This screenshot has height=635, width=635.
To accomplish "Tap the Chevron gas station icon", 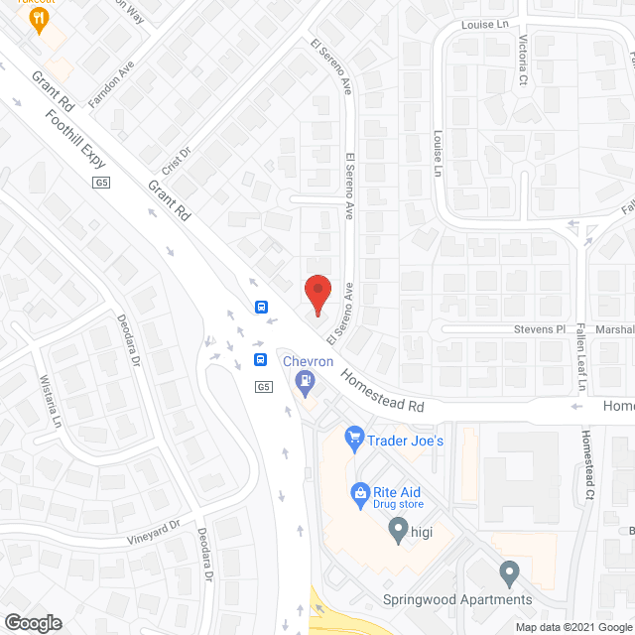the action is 307,379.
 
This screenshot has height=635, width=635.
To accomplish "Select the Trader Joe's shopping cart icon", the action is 353,437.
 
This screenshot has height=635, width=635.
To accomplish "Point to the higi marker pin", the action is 398,529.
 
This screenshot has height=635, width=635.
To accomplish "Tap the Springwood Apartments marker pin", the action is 509,572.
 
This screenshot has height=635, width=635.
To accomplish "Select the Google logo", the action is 32,622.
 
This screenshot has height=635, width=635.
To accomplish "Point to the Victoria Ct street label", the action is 523,59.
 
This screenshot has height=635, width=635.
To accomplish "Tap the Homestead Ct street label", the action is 588,464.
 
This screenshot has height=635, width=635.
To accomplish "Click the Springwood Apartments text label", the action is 457,599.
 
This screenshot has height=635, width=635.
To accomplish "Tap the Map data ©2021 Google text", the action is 571,626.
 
